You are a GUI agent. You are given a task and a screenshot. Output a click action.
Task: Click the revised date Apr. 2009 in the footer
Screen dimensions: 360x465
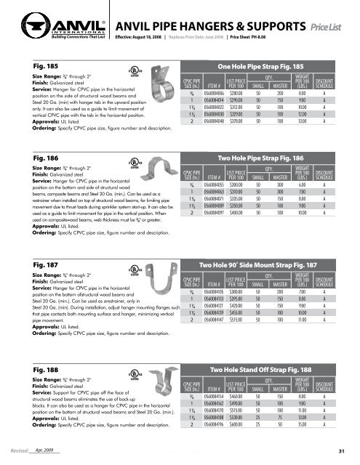[x=45, y=450]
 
